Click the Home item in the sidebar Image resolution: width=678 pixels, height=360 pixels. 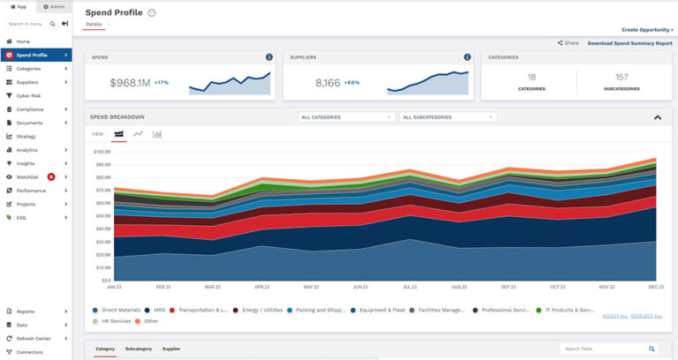tap(23, 41)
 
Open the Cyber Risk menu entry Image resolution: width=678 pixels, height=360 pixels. tap(29, 95)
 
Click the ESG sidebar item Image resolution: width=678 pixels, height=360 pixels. tap(21, 217)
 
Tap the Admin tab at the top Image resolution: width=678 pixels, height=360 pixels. tap(53, 6)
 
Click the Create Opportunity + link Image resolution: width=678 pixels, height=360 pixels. tap(647, 29)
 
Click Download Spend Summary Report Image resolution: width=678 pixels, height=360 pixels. tap(629, 42)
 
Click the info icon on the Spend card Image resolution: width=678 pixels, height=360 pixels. tap(269, 57)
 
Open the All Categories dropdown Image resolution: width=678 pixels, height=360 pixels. tap(346, 116)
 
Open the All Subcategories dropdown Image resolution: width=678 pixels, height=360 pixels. tap(448, 116)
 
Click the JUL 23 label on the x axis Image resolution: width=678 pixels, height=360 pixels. tap(410, 287)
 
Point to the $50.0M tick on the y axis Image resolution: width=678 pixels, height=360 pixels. tap(102, 215)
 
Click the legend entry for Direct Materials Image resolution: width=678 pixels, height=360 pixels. tap(117, 311)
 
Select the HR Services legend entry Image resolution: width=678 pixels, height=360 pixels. tap(114, 321)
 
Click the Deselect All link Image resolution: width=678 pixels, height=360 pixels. tap(646, 316)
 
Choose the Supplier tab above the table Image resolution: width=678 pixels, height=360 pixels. tap(171, 349)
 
